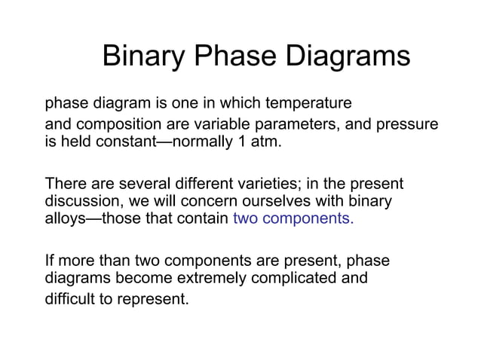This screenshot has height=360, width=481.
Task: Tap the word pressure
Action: click(x=406, y=124)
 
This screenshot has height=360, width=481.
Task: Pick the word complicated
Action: click(x=299, y=279)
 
